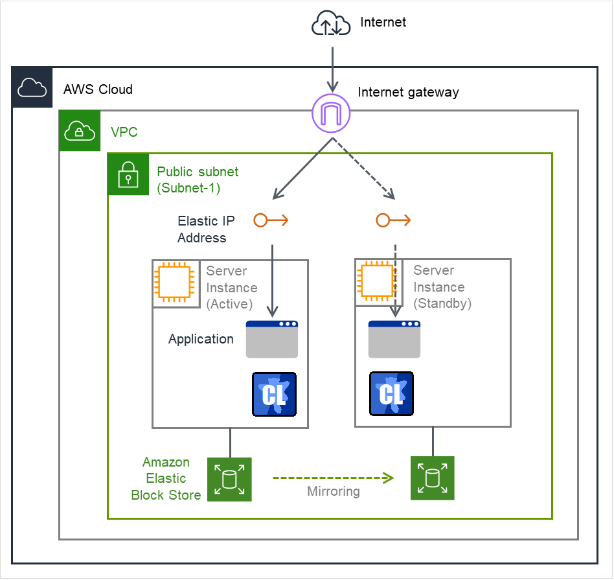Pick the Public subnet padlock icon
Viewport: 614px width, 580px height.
tap(128, 174)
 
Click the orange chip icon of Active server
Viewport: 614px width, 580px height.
tap(175, 283)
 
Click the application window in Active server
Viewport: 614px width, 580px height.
tap(272, 339)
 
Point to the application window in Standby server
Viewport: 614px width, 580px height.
tap(394, 339)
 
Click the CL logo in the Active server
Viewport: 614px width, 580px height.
tap(274, 393)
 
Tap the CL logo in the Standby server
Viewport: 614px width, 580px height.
tap(391, 393)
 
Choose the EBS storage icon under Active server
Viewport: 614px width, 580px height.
tap(229, 479)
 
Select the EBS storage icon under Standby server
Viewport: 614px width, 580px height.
tap(433, 478)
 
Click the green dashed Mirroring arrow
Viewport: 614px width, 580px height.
tap(333, 478)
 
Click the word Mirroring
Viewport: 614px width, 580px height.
tap(333, 492)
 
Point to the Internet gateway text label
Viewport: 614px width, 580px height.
tap(408, 92)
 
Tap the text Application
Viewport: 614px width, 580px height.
tap(201, 339)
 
